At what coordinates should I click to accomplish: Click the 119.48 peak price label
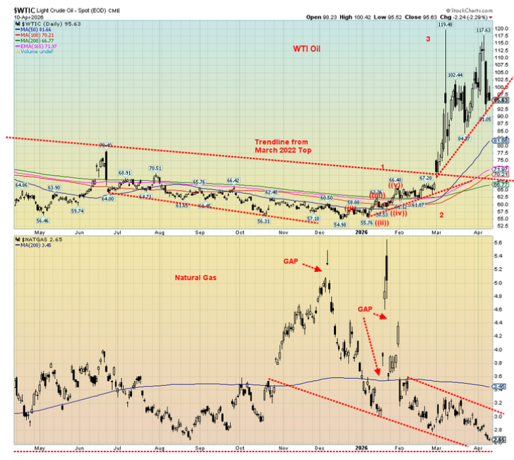(x=445, y=25)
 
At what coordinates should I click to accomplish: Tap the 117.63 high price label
(x=483, y=30)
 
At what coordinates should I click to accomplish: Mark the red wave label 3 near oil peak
(x=428, y=39)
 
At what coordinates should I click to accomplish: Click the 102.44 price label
(x=455, y=75)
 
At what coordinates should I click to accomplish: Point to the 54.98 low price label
(x=340, y=224)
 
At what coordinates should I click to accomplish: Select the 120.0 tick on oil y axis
(x=500, y=28)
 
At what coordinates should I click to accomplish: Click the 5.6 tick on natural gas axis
(x=498, y=242)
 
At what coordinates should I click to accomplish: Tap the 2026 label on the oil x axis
(x=363, y=231)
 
